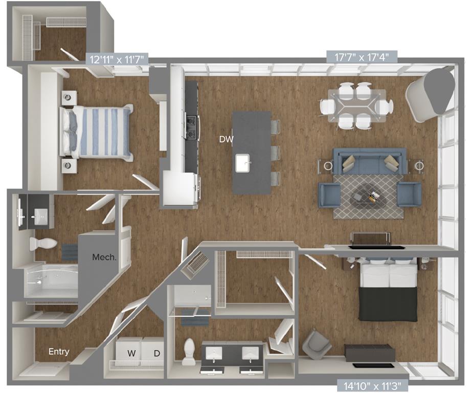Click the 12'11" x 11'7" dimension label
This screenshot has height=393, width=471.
tap(118, 59)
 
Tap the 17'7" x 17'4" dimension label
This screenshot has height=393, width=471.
tap(362, 57)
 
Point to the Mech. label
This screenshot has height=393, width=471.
tap(104, 257)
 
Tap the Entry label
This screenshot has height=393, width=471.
tap(59, 352)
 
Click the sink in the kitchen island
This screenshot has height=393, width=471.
tap(243, 163)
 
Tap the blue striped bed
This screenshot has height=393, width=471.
tap(97, 132)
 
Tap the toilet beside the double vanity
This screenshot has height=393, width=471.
tap(189, 351)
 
